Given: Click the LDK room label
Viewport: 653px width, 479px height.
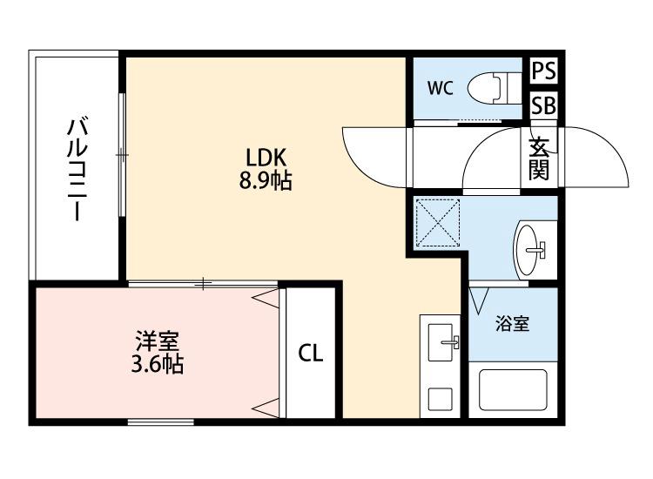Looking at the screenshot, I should (266, 159).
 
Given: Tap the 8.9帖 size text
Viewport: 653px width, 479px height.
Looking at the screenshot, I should (266, 182).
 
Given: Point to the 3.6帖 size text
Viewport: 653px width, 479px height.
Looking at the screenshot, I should (157, 363).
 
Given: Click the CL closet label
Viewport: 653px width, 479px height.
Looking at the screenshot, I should (311, 354).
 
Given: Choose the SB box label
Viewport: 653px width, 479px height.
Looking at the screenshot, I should (544, 105).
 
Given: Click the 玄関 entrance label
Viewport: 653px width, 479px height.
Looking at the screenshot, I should (540, 159).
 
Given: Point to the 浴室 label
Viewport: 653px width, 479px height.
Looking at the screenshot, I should (512, 325).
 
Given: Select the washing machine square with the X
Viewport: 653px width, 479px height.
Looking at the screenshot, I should (441, 222).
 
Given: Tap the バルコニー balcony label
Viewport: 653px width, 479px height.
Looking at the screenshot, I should (76, 171).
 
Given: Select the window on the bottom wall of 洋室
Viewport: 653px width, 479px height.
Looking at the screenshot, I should (160, 422).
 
